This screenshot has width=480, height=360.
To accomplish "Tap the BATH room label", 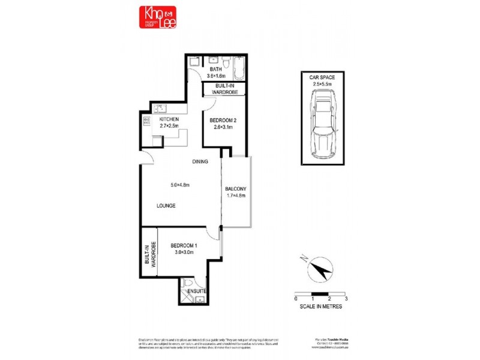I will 215,70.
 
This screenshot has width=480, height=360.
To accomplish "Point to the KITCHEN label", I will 169,119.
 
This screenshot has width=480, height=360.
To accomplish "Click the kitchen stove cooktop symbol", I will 146,120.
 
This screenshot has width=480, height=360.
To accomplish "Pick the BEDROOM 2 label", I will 224,121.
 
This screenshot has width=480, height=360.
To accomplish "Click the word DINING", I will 200,162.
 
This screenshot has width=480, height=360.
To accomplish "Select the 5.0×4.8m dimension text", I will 179,185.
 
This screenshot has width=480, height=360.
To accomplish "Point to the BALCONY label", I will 236,189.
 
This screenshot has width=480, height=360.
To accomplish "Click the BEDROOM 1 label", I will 184,245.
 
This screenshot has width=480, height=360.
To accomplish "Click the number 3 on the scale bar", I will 347,298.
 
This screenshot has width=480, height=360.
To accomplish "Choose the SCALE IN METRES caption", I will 321,307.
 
